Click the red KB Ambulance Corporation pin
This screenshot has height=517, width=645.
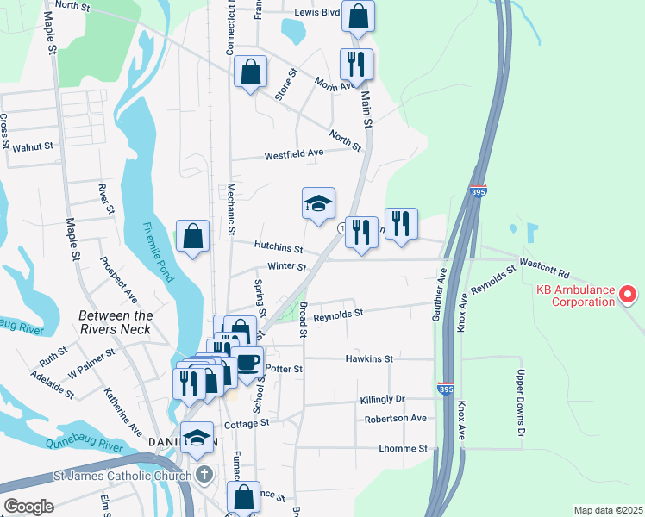(628, 296)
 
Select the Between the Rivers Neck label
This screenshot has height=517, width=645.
(116, 322)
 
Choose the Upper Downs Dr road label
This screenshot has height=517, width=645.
(520, 397)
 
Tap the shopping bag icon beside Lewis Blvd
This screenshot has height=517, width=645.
(358, 16)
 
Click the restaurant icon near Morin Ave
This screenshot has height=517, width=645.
(356, 64)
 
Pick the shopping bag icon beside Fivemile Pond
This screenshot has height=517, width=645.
(192, 236)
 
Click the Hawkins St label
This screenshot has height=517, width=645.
(369, 358)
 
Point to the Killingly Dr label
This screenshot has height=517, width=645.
(382, 400)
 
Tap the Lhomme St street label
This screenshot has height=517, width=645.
(403, 448)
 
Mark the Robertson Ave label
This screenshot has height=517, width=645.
(395, 418)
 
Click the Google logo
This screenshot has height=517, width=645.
(28, 506)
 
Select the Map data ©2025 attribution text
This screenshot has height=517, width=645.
(607, 510)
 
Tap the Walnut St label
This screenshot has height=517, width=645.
(33, 146)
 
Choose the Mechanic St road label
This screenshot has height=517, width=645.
(231, 209)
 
